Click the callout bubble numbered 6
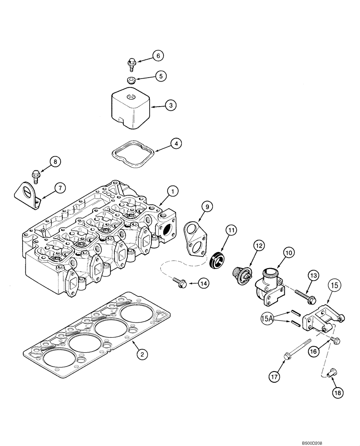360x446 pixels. click(158, 56)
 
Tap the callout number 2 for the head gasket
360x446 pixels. click(142, 355)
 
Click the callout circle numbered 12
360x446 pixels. click(259, 244)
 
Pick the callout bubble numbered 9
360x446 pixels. click(207, 206)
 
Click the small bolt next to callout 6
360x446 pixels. click(131, 63)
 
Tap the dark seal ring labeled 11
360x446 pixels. click(217, 260)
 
